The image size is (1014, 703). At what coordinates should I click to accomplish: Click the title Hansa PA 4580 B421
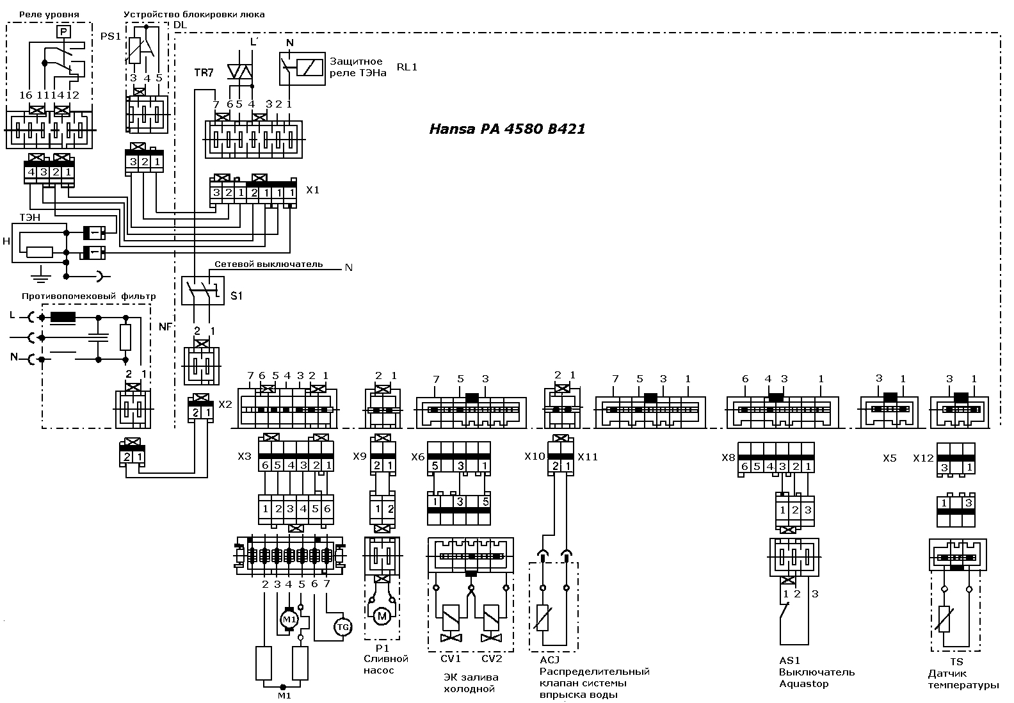pos(507,129)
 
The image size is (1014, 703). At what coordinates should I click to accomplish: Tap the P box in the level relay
pos(63,31)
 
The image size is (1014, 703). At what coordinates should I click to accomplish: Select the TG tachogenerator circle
pos(342,627)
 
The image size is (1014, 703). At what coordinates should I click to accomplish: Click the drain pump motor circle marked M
pos(382,616)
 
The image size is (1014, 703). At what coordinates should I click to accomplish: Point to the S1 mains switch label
pos(236,296)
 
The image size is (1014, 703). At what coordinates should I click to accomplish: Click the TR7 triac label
pos(204,72)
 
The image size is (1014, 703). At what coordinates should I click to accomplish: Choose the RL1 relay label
pos(406,67)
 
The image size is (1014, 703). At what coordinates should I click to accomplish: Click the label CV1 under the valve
pos(451,659)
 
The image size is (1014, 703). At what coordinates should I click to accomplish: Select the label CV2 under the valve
pos(492,659)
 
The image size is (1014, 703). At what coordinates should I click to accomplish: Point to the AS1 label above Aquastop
pos(789,661)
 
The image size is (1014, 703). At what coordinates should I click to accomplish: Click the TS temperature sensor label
pos(956,661)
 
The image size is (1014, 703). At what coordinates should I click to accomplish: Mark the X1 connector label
pos(312,190)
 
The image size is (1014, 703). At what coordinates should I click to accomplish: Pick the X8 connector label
pos(728,458)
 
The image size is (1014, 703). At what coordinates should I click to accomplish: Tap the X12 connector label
pos(923,458)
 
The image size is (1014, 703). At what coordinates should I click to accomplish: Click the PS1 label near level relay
pos(111,36)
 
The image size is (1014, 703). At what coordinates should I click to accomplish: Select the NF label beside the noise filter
pos(165,327)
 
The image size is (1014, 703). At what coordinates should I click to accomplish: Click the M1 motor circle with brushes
pos(289,618)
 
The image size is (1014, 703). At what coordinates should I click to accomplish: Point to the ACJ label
pos(549,660)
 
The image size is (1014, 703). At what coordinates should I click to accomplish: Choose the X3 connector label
pos(245,457)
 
